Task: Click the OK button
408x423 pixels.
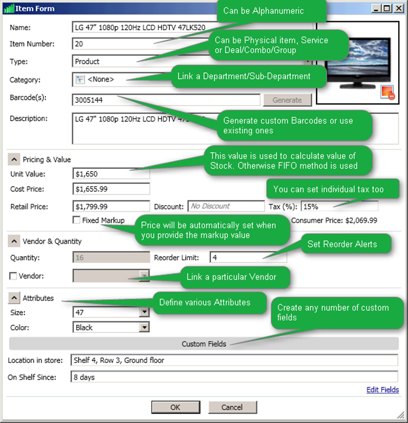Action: pyautogui.click(x=175, y=407)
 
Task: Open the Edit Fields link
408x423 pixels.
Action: pyautogui.click(x=382, y=390)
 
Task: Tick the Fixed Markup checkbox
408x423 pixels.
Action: pyautogui.click(x=77, y=221)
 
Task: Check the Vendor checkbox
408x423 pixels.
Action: pyautogui.click(x=14, y=276)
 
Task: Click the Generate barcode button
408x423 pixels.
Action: pyautogui.click(x=287, y=100)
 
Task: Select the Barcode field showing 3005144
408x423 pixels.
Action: pyautogui.click(x=166, y=100)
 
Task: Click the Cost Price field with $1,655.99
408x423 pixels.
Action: pyautogui.click(x=111, y=189)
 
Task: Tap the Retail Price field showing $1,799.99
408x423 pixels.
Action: pyautogui.click(x=111, y=206)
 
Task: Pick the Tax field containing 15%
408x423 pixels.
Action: pyautogui.click(x=332, y=206)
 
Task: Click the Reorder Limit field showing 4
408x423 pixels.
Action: pyautogui.click(x=248, y=257)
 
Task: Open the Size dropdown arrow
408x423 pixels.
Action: pyautogui.click(x=144, y=313)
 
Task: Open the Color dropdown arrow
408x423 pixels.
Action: pyautogui.click(x=144, y=327)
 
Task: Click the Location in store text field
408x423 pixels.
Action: pyautogui.click(x=234, y=360)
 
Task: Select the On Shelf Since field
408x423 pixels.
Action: pyautogui.click(x=234, y=376)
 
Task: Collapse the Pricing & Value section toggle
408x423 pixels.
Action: pyautogui.click(x=14, y=159)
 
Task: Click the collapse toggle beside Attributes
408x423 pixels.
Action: pyautogui.click(x=14, y=298)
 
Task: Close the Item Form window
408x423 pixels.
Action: pyautogui.click(x=398, y=8)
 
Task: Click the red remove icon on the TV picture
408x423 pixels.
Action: pyautogui.click(x=387, y=93)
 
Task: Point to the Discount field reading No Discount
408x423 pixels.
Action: pyautogui.click(x=226, y=206)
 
